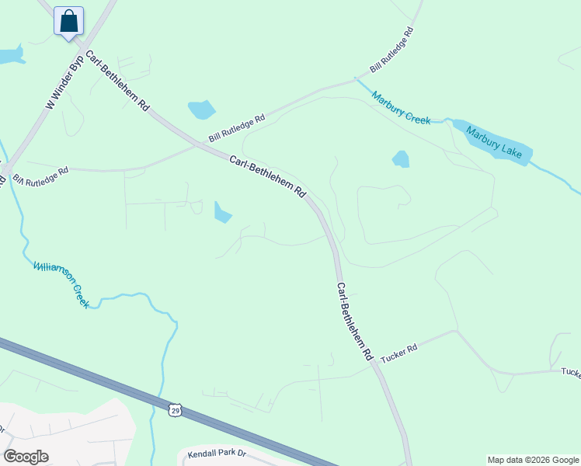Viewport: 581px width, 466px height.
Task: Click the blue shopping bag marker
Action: click(68, 21)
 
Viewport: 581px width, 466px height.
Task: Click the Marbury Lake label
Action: click(495, 141)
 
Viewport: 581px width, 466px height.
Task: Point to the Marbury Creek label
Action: click(400, 107)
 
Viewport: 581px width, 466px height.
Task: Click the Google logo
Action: click(26, 457)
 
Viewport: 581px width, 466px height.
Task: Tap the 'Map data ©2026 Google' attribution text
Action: click(532, 460)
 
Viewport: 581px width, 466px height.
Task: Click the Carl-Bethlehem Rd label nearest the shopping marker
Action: click(117, 83)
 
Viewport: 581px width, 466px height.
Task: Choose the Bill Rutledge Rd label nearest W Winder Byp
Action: click(40, 174)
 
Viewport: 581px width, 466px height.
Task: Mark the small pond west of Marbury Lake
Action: click(401, 159)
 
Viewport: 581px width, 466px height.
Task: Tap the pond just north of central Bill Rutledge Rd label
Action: click(201, 110)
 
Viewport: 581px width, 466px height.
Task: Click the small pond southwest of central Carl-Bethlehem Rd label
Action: click(222, 211)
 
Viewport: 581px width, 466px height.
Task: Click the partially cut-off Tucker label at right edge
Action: click(571, 373)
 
